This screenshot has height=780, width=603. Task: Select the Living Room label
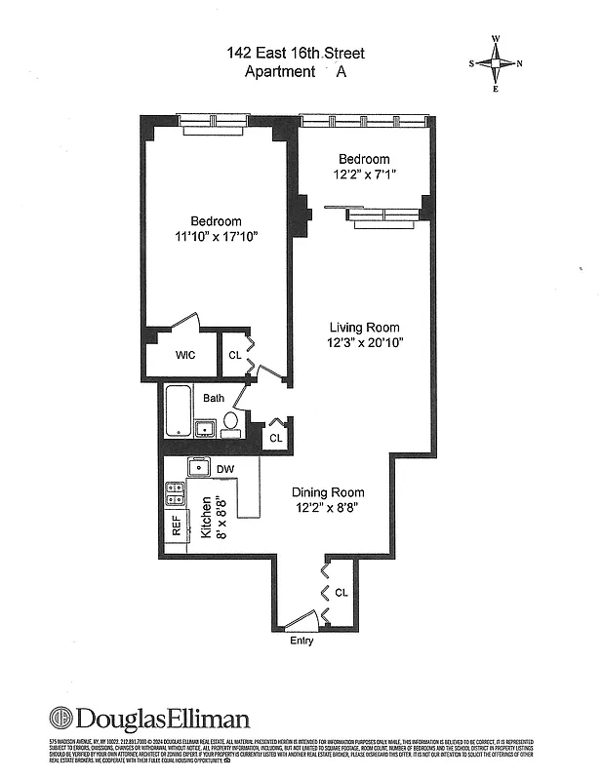point(364,327)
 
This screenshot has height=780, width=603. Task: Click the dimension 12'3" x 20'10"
point(364,342)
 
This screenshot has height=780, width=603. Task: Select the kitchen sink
point(200,467)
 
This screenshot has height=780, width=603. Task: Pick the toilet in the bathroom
point(231,421)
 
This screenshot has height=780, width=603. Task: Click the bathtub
point(179,412)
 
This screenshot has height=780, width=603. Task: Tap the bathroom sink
point(206,427)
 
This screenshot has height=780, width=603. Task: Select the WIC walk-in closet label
point(185,355)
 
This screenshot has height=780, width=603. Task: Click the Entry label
point(301,641)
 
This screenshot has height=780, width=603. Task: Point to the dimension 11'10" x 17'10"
point(216,237)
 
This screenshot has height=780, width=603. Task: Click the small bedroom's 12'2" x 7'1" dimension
point(364,175)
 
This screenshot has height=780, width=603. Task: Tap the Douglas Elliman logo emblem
point(60,720)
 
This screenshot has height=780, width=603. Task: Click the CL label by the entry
point(341,592)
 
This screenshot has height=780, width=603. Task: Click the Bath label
point(214,398)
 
